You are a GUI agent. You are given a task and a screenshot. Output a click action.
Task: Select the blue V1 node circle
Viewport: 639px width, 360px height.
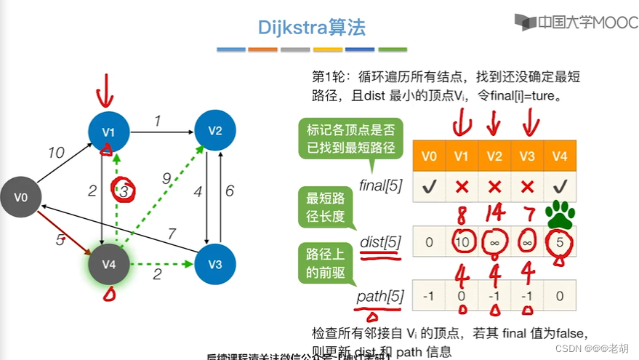108,132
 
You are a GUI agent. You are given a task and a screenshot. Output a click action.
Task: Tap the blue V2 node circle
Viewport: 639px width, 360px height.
214,131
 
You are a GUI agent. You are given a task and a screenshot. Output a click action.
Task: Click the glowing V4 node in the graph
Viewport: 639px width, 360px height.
108,265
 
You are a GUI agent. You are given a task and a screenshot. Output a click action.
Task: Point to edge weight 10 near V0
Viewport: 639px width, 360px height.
56,153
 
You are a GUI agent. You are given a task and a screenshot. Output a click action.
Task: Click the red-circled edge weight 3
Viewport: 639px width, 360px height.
124,191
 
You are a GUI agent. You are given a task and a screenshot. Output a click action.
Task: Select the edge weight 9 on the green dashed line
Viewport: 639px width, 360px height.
166,178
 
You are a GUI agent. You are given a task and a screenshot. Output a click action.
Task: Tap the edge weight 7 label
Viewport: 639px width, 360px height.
172,233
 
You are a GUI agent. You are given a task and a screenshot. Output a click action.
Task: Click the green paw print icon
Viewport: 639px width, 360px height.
560,215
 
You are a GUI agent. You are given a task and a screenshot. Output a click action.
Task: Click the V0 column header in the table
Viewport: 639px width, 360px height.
429,155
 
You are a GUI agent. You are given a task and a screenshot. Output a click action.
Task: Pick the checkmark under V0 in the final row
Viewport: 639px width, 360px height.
429,187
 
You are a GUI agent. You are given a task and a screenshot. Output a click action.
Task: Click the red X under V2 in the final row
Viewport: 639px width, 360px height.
494,187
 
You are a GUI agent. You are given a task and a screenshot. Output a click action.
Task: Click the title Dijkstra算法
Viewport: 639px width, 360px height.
312,28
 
